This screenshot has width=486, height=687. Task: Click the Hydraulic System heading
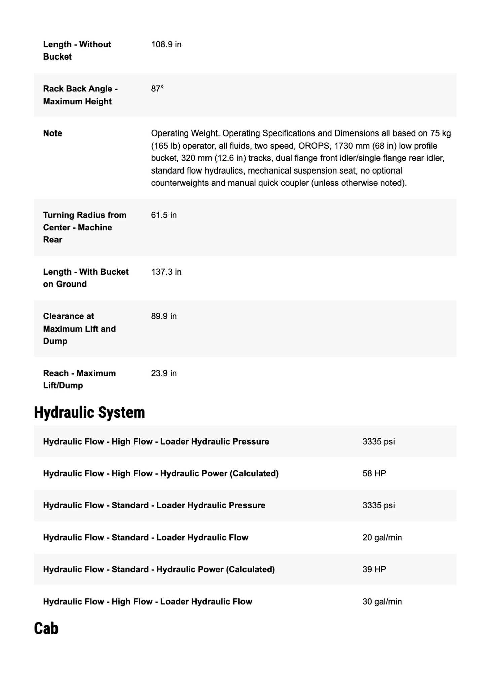click(x=89, y=412)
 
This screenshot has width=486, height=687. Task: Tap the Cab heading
click(x=46, y=628)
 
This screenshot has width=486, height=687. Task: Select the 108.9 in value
click(x=166, y=44)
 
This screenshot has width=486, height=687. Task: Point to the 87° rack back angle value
click(x=157, y=89)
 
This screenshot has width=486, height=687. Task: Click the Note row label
click(x=52, y=133)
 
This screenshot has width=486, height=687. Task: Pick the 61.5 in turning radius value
click(x=164, y=215)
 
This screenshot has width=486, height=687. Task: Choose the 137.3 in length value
click(x=166, y=272)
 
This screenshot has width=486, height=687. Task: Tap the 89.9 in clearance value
click(x=164, y=316)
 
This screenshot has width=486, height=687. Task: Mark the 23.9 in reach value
click(x=164, y=373)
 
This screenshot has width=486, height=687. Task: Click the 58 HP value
click(x=374, y=473)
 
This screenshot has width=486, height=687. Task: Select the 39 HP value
click(x=374, y=569)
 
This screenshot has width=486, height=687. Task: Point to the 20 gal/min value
click(x=382, y=537)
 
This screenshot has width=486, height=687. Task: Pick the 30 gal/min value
click(x=382, y=601)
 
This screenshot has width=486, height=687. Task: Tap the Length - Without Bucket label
click(x=77, y=50)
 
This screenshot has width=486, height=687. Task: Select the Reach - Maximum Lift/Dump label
click(x=79, y=379)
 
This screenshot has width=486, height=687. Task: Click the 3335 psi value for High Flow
click(x=378, y=442)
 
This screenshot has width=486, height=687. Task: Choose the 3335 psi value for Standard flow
click(x=378, y=505)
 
